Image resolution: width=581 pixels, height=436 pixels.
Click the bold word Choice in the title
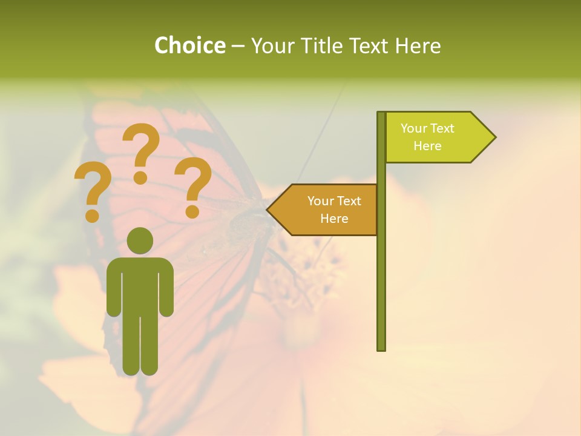click(x=189, y=46)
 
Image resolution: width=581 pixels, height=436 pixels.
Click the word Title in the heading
click(x=322, y=46)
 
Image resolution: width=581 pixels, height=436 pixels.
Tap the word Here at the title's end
click(x=418, y=46)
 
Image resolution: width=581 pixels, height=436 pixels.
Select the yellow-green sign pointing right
click(x=436, y=137)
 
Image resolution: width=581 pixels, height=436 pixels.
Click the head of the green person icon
click(x=140, y=240)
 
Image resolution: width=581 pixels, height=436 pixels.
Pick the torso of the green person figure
click(x=140, y=285)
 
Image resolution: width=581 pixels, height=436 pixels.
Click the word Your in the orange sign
click(x=320, y=201)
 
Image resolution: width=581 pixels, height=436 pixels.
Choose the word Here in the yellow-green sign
click(x=427, y=146)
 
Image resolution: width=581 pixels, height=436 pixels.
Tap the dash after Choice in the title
click(x=238, y=46)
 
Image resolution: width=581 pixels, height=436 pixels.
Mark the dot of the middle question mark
click(x=140, y=177)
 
